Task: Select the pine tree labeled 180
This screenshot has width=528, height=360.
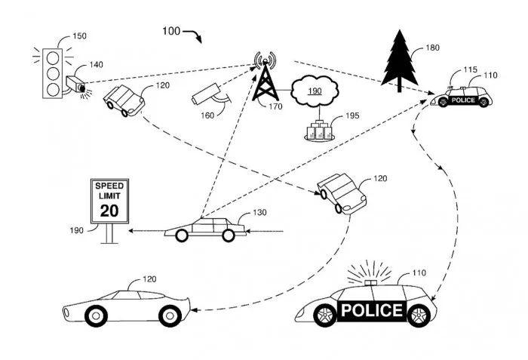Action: (399, 57)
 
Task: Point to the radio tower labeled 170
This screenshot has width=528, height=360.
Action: (265, 79)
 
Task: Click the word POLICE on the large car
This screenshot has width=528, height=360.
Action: (371, 309)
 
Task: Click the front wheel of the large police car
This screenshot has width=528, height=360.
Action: (322, 315)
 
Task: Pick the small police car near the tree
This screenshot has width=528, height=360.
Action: (462, 98)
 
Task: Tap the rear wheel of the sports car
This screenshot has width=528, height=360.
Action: (95, 315)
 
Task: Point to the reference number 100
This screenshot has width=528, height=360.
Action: (171, 31)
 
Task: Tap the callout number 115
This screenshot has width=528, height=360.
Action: (471, 70)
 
